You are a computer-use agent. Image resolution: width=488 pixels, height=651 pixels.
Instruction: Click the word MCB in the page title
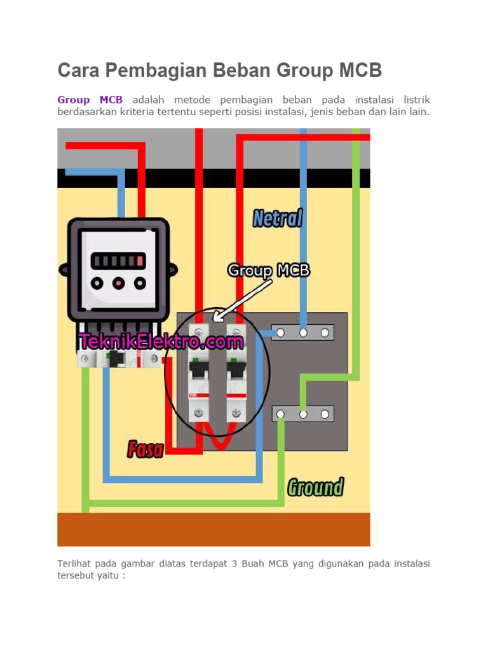360,70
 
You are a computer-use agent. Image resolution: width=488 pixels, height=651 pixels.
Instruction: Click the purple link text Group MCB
90,100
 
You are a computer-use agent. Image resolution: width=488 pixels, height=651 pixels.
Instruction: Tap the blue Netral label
278,219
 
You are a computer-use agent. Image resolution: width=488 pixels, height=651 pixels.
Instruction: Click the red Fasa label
146,449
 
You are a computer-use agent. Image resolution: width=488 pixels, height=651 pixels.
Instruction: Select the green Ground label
316,488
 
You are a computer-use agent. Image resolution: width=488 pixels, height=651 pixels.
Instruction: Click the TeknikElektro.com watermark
161,341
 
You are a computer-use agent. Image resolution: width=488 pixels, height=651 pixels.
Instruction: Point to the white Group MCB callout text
269,271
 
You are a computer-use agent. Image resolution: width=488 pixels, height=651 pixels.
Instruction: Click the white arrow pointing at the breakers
242,301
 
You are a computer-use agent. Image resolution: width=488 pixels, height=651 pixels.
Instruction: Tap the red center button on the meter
119,284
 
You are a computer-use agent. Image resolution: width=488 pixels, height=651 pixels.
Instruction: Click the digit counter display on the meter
118,261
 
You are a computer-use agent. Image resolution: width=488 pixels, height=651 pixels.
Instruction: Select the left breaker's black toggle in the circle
199,369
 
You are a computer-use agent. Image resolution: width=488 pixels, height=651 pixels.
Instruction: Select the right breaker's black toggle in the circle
236,369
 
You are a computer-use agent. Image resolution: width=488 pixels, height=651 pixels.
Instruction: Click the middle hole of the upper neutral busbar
303,333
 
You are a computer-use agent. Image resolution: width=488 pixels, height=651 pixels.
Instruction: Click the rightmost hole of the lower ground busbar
325,415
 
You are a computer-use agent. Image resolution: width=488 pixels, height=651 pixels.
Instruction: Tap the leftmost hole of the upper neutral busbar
280,333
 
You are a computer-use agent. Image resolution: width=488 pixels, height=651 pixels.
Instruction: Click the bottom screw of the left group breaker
199,413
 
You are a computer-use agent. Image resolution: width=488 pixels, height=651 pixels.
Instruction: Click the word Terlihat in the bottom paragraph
73,564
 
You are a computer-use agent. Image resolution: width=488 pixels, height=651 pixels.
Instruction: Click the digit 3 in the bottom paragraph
234,564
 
